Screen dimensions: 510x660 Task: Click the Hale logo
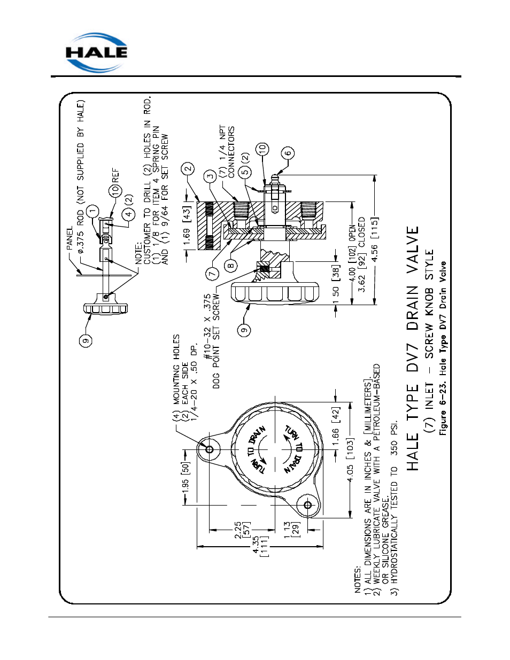[x=96, y=52]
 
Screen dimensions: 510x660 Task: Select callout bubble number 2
[x=188, y=169]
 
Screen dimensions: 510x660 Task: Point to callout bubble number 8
[x=230, y=266]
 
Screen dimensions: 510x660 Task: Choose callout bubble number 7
[x=212, y=274]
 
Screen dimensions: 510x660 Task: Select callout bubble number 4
[x=128, y=214]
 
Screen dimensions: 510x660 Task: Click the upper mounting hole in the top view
[x=209, y=449]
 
